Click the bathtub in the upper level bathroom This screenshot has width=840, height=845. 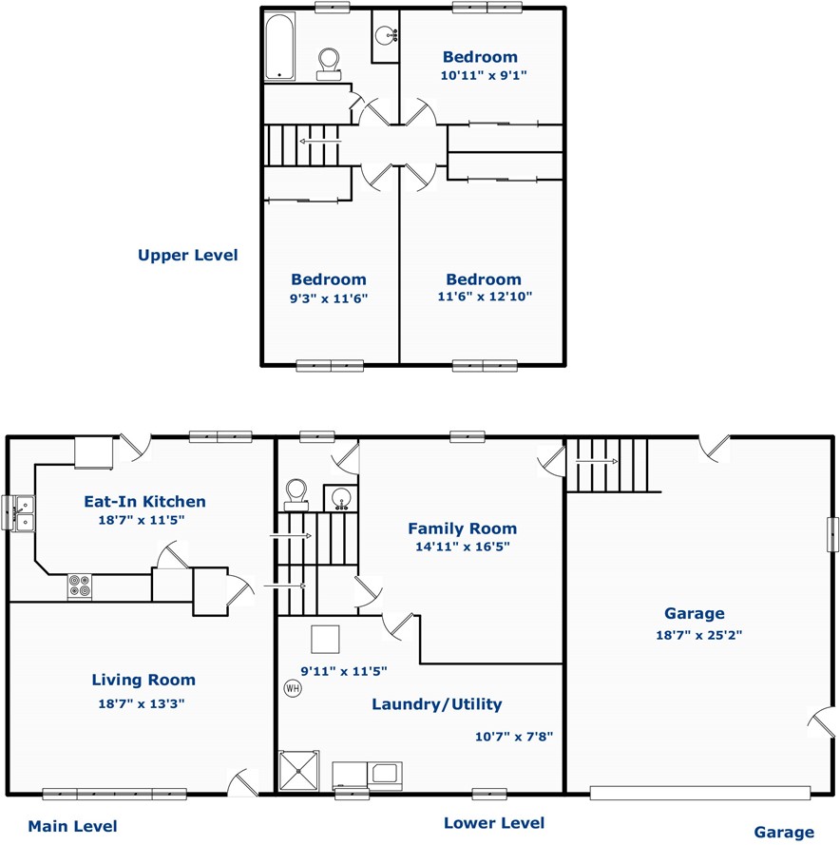pyautogui.click(x=280, y=47)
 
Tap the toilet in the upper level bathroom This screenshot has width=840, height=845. pyautogui.click(x=329, y=65)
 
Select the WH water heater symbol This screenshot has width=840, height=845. pyautogui.click(x=293, y=688)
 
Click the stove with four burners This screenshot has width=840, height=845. pyautogui.click(x=80, y=586)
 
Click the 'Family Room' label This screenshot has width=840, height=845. pyautogui.click(x=463, y=528)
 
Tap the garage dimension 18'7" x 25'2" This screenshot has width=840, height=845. pyautogui.click(x=698, y=635)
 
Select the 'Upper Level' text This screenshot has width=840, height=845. pyautogui.click(x=187, y=255)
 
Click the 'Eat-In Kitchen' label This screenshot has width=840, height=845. pyautogui.click(x=145, y=501)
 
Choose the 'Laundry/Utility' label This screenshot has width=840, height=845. pyautogui.click(x=437, y=703)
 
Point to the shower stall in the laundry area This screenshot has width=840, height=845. pyautogui.click(x=299, y=771)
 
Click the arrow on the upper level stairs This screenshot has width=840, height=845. pyautogui.click(x=320, y=142)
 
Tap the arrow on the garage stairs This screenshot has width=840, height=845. pyautogui.click(x=597, y=461)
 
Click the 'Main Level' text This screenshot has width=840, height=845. pyautogui.click(x=73, y=826)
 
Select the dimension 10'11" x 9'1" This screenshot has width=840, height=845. pyautogui.click(x=484, y=75)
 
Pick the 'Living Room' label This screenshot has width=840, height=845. pyautogui.click(x=143, y=680)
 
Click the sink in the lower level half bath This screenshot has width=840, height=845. pyautogui.click(x=340, y=498)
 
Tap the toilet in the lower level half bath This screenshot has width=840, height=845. pyautogui.click(x=296, y=494)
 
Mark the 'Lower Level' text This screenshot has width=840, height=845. pyautogui.click(x=494, y=823)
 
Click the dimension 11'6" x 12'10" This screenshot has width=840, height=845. pyautogui.click(x=485, y=296)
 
